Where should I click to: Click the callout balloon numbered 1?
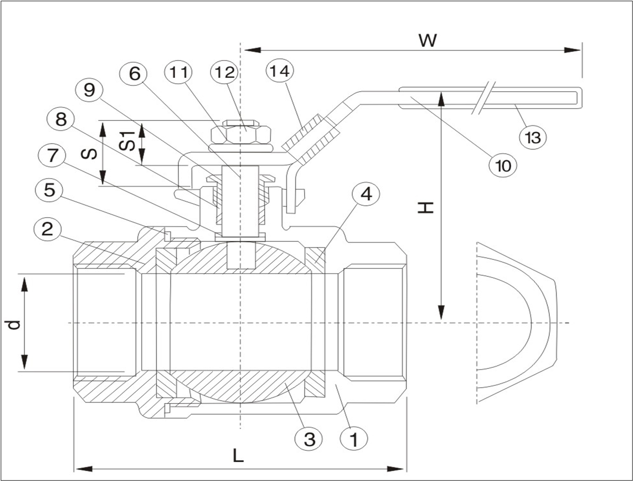pyautogui.click(x=354, y=439)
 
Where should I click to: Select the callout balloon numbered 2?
pyautogui.click(x=48, y=229)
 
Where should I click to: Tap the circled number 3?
pyautogui.click(x=309, y=439)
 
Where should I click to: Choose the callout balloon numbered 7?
pyautogui.click(x=51, y=156)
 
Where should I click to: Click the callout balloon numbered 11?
pyautogui.click(x=178, y=72)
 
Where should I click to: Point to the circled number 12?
pyautogui.click(x=223, y=72)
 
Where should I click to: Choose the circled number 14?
pyautogui.click(x=280, y=70)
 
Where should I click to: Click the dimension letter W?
pyautogui.click(x=427, y=40)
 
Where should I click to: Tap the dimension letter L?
pyautogui.click(x=239, y=455)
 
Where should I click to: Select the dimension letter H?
pyautogui.click(x=425, y=207)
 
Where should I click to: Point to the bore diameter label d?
pyautogui.click(x=15, y=324)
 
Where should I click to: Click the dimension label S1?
pyautogui.click(x=128, y=141)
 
